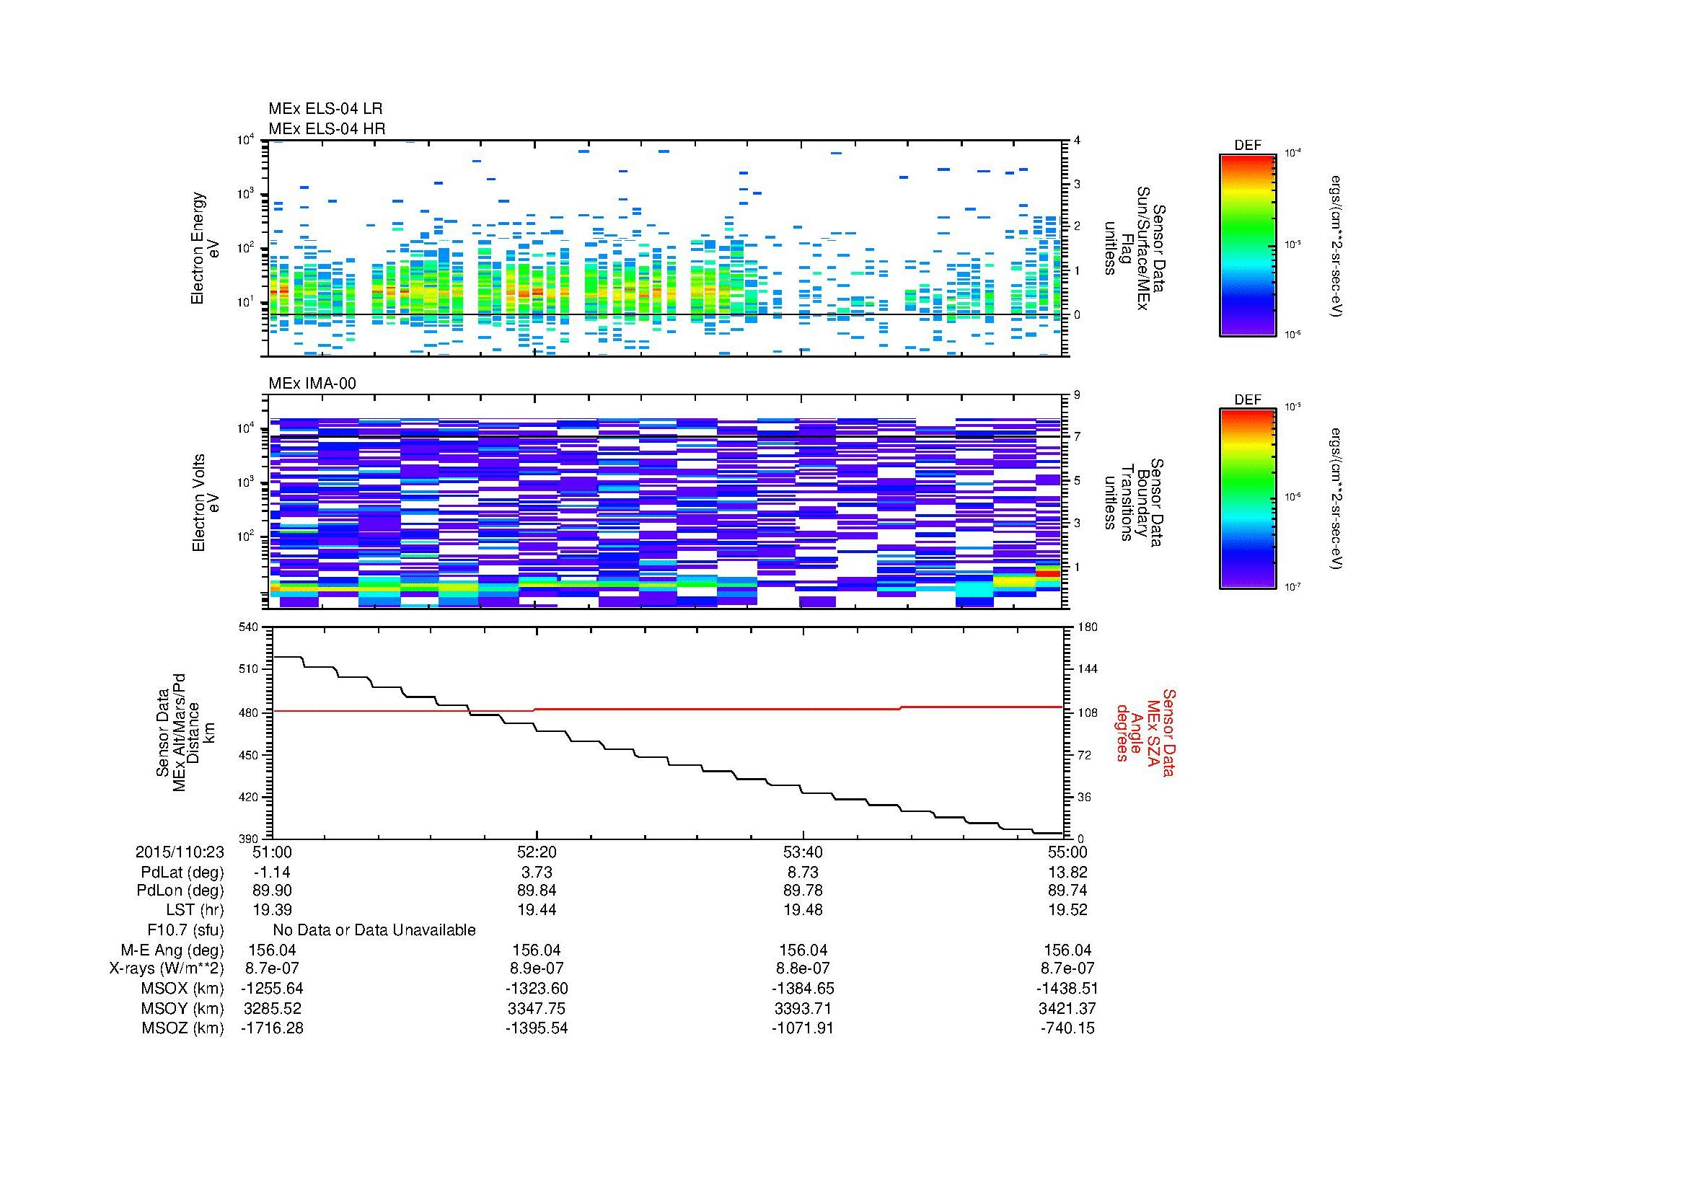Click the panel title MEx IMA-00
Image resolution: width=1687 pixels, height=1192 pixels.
click(312, 384)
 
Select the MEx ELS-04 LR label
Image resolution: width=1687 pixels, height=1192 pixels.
click(325, 109)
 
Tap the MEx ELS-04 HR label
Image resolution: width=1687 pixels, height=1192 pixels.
click(326, 128)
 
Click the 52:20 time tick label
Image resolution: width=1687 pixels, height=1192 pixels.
click(537, 852)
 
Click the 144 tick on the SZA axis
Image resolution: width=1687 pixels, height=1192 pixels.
click(1086, 669)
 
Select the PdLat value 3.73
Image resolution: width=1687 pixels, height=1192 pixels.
click(537, 873)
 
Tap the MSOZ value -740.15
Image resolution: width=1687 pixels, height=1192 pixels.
click(1067, 1028)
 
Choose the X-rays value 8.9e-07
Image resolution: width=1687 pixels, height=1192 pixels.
click(537, 968)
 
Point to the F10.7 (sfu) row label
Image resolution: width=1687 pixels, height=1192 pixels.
click(185, 930)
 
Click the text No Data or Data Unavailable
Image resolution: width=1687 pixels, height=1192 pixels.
click(374, 930)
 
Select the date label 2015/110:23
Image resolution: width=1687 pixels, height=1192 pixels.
click(180, 852)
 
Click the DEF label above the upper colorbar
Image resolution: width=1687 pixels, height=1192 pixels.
click(1247, 146)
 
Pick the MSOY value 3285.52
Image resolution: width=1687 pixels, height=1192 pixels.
click(272, 1008)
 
